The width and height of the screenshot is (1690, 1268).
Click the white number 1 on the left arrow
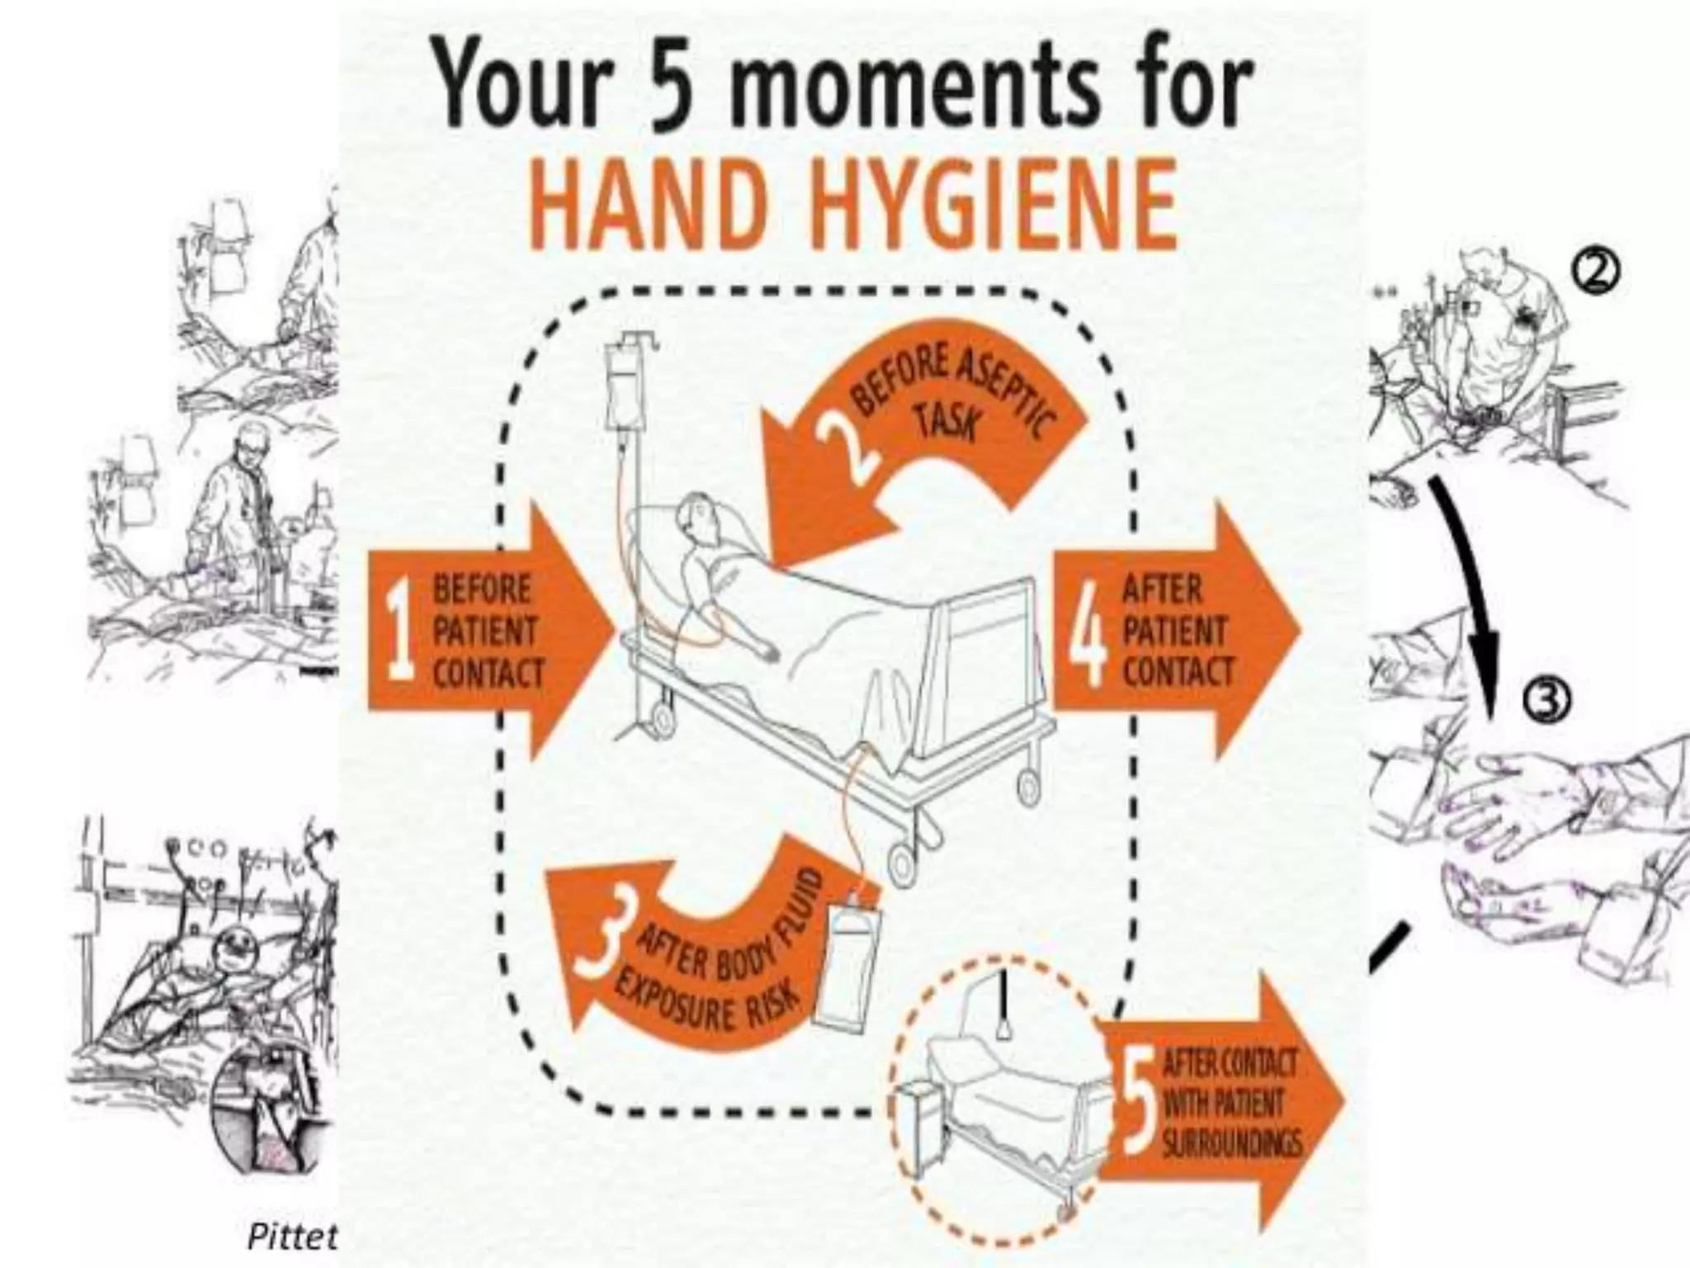[x=400, y=632]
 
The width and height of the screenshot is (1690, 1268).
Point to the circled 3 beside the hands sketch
[x=1546, y=702]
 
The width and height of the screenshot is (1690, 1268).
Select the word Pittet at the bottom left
[x=293, y=1236]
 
